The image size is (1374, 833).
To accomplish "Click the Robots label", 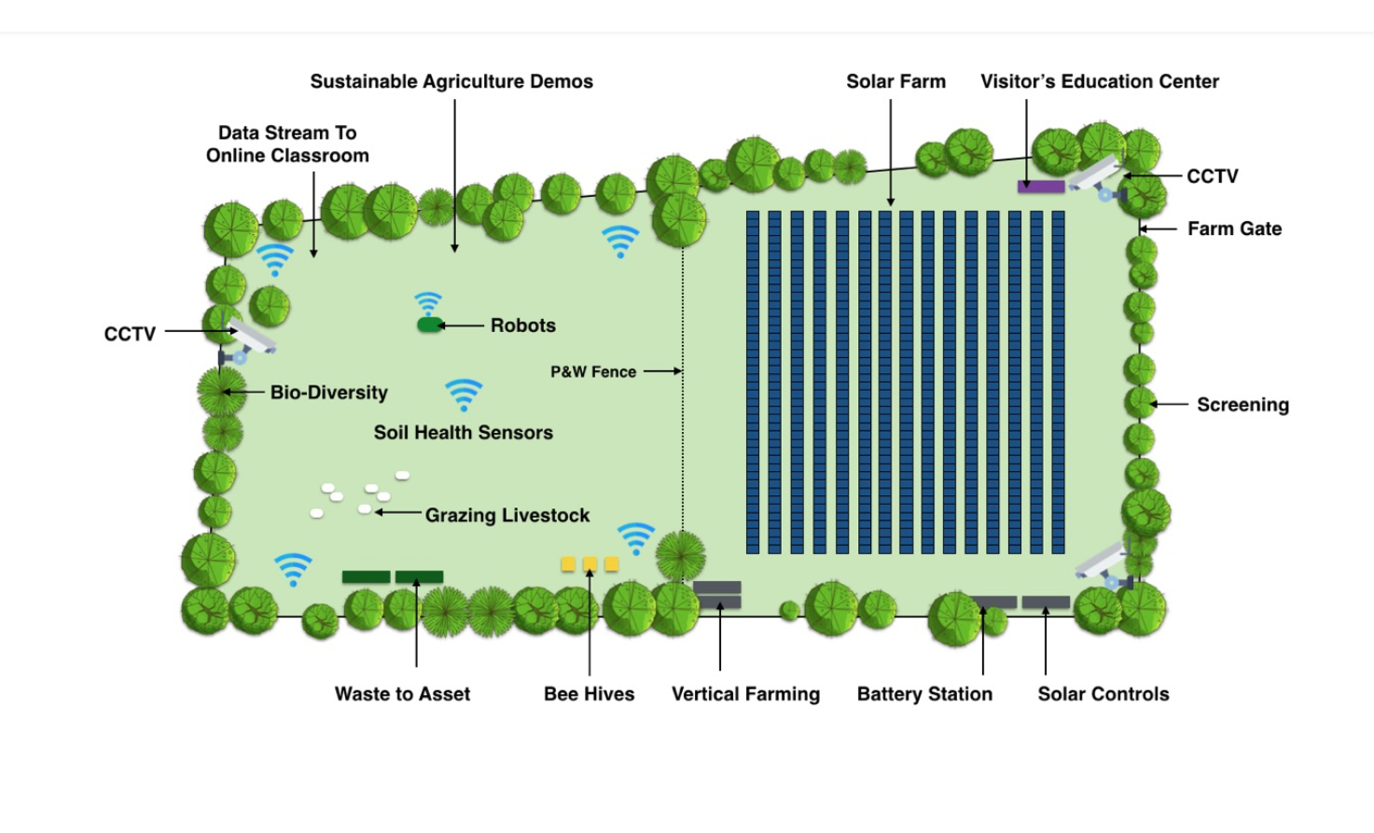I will point(522,326).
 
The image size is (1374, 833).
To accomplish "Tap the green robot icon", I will point(429,325).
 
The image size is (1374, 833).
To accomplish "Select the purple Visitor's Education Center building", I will point(1041,187).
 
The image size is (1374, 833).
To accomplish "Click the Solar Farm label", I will point(895,82).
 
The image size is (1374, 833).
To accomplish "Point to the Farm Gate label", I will point(1234,229).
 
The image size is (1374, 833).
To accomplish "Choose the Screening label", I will point(1242,405).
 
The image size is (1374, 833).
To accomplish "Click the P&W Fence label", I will point(593,372).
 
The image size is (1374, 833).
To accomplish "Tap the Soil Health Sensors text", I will point(463,433).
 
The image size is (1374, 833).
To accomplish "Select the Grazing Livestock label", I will point(507,516).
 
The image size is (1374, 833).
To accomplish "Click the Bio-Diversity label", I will point(328,393).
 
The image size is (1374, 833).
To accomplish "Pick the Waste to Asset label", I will point(402,694).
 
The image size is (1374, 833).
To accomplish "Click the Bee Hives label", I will point(589,694).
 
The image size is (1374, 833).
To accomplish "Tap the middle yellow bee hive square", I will point(590,563).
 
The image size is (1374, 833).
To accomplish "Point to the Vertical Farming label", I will point(745,694).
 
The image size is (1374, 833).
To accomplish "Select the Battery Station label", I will point(924,694).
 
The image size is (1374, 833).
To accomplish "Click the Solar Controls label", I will point(1103,694).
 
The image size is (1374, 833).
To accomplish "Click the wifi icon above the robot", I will point(428,303).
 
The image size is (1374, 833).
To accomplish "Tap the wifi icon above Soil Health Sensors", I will point(464,394).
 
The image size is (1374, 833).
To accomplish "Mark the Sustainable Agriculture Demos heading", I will point(451,82).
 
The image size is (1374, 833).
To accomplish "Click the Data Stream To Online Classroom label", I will point(287,145).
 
